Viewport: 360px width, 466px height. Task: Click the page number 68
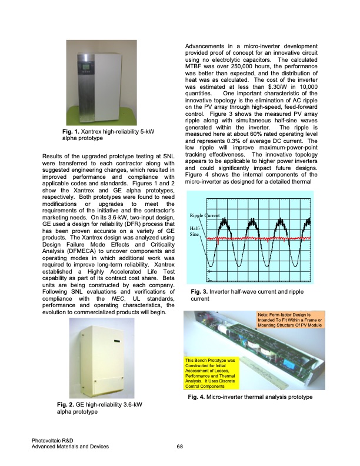coord(180,447)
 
